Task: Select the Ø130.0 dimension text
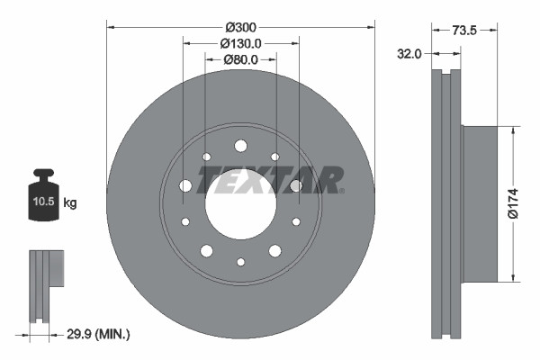240,42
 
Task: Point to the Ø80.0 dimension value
240,59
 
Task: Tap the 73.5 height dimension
465,30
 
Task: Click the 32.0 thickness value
409,54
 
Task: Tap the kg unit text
70,203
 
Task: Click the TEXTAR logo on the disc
270,180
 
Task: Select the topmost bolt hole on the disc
240,146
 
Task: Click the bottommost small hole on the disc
240,262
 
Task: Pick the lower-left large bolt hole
206,250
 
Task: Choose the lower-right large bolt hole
274,250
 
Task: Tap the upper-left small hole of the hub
206,157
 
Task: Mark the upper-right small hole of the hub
274,157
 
